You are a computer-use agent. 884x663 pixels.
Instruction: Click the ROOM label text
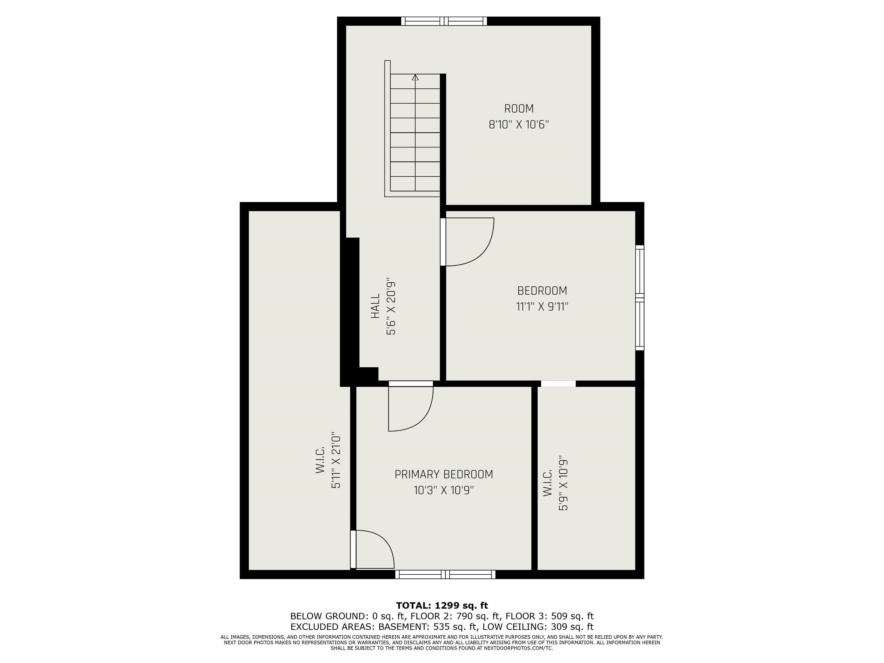(519, 109)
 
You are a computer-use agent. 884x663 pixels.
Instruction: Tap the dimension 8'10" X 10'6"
(519, 125)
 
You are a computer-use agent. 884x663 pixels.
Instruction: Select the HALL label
(375, 306)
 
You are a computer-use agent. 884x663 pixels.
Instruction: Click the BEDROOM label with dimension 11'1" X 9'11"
(542, 291)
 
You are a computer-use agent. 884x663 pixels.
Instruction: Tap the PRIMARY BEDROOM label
(444, 474)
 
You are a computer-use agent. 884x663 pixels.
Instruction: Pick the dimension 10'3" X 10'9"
(444, 490)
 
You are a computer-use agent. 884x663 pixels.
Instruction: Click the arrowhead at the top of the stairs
(415, 77)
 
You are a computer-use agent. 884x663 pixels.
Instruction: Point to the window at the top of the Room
(444, 21)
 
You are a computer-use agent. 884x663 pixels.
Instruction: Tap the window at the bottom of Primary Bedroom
(445, 574)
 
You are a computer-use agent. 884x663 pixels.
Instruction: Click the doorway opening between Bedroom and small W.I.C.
(558, 384)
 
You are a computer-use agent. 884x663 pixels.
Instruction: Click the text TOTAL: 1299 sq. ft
(442, 605)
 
